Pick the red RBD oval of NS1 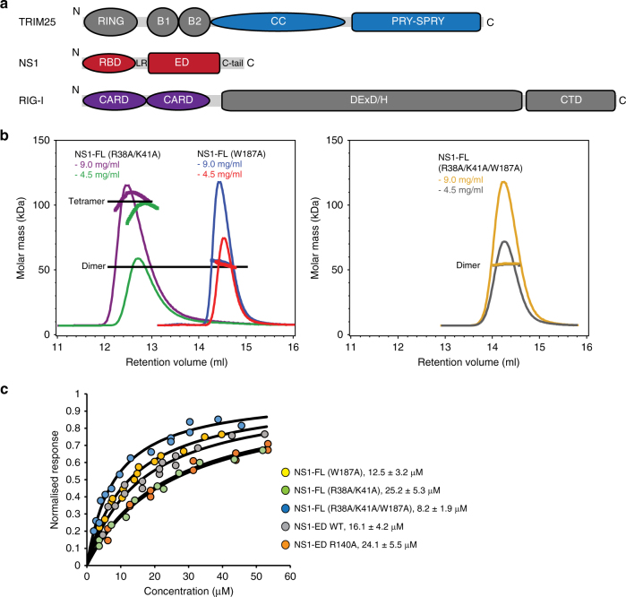[x=104, y=63]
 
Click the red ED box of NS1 [x=184, y=63]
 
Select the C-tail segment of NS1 [x=232, y=63]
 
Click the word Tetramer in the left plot [x=87, y=202]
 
